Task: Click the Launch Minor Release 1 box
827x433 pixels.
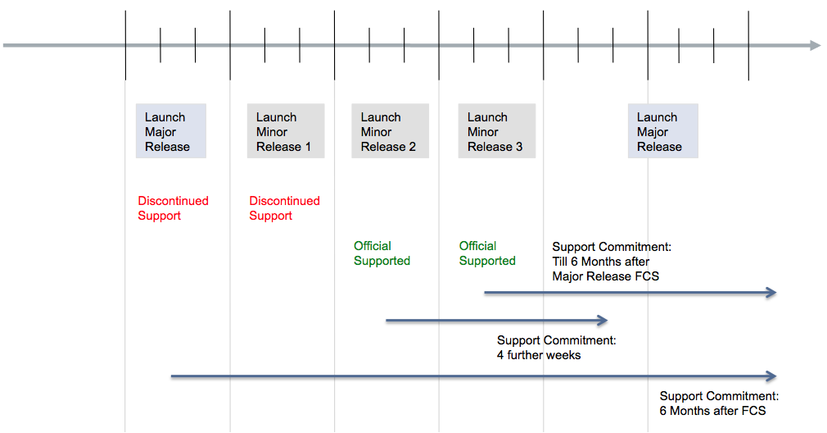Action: (x=286, y=131)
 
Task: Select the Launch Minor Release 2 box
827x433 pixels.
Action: (x=391, y=131)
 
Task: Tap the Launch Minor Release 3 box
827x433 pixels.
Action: (x=497, y=131)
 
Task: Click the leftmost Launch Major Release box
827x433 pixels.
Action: (x=171, y=131)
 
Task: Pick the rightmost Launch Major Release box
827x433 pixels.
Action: (x=663, y=131)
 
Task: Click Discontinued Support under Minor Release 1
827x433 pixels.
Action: (x=284, y=208)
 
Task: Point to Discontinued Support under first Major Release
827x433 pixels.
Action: (x=173, y=208)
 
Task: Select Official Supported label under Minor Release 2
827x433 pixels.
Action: (x=382, y=253)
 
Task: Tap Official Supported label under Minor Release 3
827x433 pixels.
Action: (x=487, y=253)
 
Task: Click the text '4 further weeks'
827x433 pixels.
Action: (x=539, y=355)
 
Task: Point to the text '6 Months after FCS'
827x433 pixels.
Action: (x=712, y=411)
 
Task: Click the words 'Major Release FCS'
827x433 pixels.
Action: (x=605, y=276)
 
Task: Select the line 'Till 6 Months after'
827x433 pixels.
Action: (x=601, y=262)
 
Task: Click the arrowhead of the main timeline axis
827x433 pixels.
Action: (x=816, y=45)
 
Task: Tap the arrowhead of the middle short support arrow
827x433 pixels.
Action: (x=603, y=320)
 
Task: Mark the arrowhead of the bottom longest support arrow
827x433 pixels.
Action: (x=771, y=376)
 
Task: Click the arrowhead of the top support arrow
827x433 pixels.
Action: (x=771, y=293)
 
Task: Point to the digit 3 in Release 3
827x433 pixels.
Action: (x=519, y=147)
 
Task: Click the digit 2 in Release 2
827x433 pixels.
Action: (x=413, y=147)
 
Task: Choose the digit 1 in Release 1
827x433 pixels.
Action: (x=308, y=147)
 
